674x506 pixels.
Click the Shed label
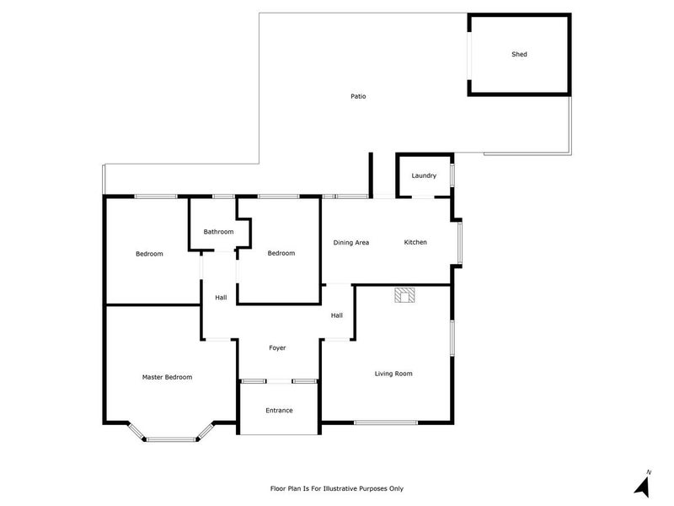click(519, 54)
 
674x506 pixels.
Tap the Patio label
click(358, 96)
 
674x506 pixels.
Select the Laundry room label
click(424, 175)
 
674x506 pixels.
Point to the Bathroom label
click(218, 231)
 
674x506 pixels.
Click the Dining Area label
click(350, 243)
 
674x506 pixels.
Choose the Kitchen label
click(415, 242)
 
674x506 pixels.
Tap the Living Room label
click(393, 374)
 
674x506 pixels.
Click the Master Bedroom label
click(167, 377)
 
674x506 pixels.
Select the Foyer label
click(277, 347)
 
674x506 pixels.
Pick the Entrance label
click(279, 411)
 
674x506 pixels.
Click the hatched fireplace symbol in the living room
click(404, 295)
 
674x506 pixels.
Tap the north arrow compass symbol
click(643, 486)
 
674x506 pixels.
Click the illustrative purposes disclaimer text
click(336, 488)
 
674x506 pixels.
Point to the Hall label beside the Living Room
click(336, 315)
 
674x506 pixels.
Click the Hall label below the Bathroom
click(221, 298)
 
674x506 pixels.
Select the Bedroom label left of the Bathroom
click(149, 254)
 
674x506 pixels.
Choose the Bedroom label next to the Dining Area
click(281, 253)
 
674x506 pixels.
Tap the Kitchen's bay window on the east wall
click(459, 242)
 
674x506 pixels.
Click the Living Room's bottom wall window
click(386, 423)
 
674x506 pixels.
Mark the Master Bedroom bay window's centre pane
click(171, 439)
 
